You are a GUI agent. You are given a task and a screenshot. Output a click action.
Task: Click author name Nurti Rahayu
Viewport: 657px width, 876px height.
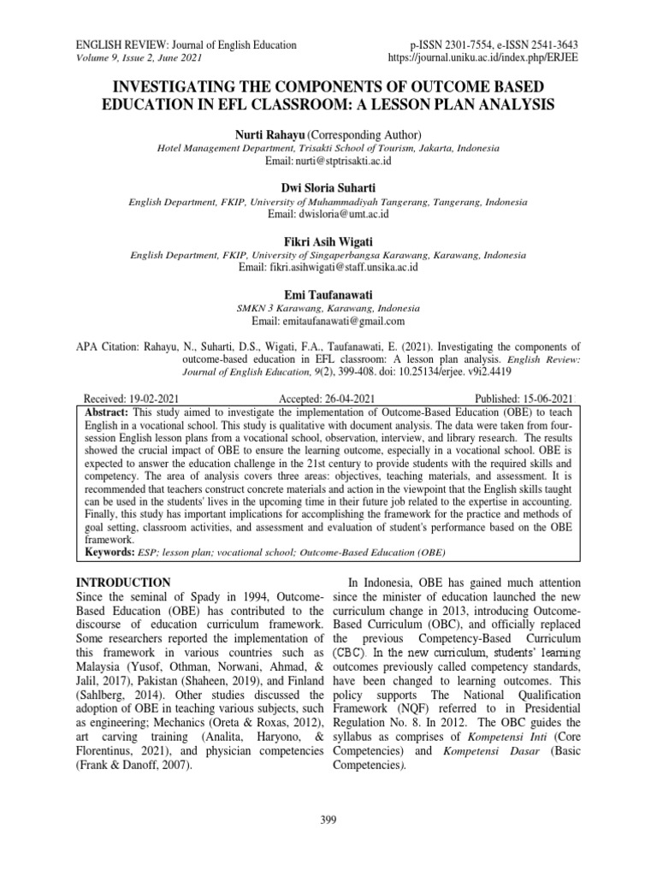coord(269,134)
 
